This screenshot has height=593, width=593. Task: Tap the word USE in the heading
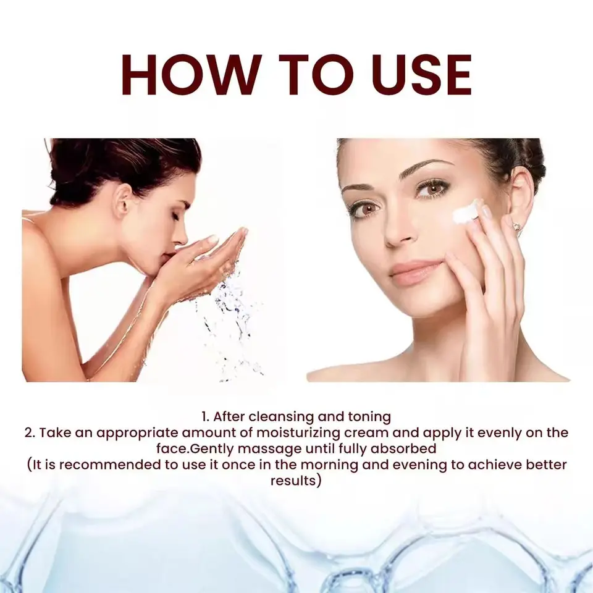421,75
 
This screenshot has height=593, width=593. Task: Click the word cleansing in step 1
282,417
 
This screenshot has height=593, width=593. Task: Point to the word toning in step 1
369,417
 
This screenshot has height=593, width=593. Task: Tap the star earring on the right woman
516,227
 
